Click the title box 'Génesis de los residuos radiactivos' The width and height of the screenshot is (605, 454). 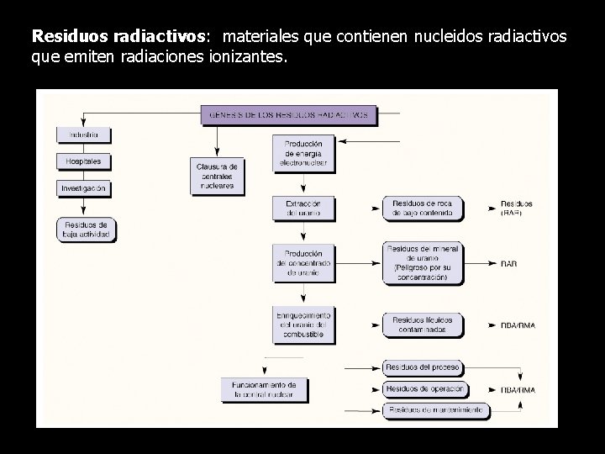288,114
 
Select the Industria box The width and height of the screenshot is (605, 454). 84,135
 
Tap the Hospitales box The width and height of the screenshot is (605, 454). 84,161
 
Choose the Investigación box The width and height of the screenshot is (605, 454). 84,188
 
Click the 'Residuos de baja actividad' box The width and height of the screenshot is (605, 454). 86,230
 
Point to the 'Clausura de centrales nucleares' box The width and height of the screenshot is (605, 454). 218,175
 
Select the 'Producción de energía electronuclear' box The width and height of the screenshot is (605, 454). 303,153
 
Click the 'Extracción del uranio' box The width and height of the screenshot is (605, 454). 303,209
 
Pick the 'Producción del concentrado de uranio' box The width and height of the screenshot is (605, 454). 303,263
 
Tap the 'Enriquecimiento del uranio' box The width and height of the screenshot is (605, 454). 303,325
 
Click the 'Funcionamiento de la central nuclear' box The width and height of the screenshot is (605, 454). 264,388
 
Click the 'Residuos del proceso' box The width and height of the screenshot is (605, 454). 423,367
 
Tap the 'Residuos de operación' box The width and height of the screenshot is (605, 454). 425,389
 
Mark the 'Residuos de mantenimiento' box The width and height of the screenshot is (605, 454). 435,410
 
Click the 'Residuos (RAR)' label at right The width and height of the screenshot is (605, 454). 517,209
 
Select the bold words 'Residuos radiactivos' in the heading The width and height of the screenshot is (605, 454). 118,38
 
